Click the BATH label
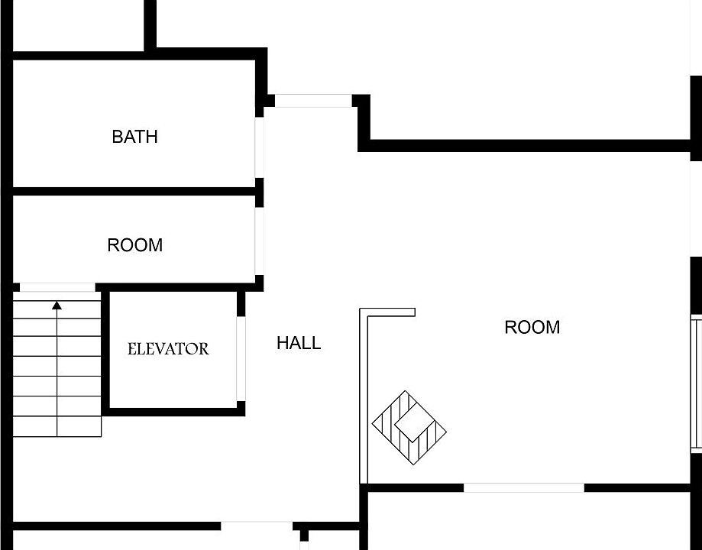pyautogui.click(x=134, y=137)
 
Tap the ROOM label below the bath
pyautogui.click(x=134, y=245)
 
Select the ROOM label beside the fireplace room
pyautogui.click(x=532, y=328)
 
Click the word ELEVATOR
pyautogui.click(x=168, y=349)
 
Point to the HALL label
pyautogui.click(x=299, y=343)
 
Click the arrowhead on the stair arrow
pyautogui.click(x=57, y=306)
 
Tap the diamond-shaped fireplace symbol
pyautogui.click(x=409, y=428)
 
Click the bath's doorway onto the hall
pyautogui.click(x=259, y=147)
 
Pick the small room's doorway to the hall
pyautogui.click(x=259, y=241)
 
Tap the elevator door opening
pyautogui.click(x=241, y=359)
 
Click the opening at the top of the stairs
pyautogui.click(x=57, y=287)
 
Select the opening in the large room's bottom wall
pyautogui.click(x=524, y=488)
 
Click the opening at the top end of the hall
pyautogui.click(x=313, y=101)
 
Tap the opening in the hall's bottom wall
pyautogui.click(x=257, y=526)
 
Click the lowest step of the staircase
pyautogui.click(x=57, y=426)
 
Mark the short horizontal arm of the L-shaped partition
pyautogui.click(x=388, y=312)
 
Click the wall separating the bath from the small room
pyautogui.click(x=134, y=191)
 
